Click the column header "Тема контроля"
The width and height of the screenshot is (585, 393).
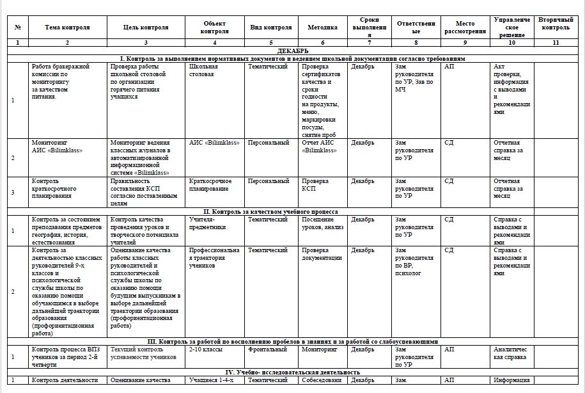pyautogui.click(x=68, y=28)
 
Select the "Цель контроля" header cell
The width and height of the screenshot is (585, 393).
pyautogui.click(x=146, y=28)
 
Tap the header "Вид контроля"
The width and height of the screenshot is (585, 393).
pyautogui.click(x=270, y=28)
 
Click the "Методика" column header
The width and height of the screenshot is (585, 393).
pyautogui.click(x=322, y=28)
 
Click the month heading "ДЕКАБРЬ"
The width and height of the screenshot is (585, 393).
pyautogui.click(x=292, y=50)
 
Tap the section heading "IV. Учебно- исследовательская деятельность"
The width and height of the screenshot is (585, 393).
pyautogui.click(x=292, y=372)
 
